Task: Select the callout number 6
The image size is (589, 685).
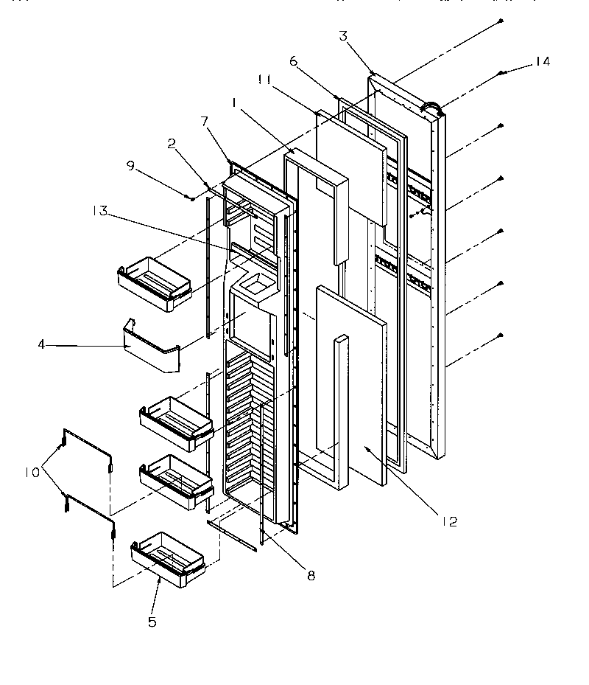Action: (293, 62)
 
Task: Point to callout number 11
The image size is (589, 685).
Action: (267, 78)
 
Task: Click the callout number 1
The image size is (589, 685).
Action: (234, 105)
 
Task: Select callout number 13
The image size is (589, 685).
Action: (100, 211)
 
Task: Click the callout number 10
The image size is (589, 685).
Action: (32, 472)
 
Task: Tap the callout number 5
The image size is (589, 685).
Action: (152, 622)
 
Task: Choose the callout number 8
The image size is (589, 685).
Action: (311, 576)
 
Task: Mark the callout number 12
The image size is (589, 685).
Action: (451, 522)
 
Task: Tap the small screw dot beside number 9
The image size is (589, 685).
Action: (191, 198)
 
